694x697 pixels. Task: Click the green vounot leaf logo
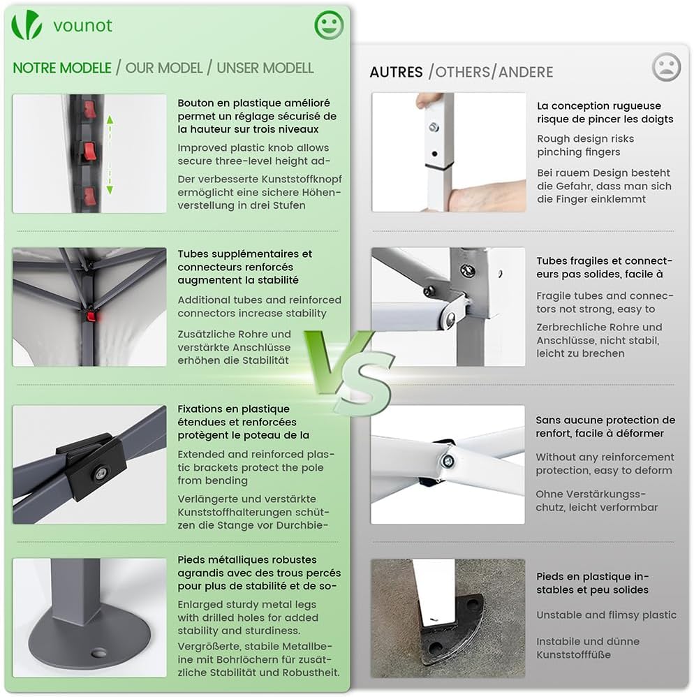(27, 25)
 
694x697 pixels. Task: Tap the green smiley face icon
(329, 25)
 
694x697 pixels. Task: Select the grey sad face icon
(666, 67)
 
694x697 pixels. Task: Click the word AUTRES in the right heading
(396, 72)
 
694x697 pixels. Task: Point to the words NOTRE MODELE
(61, 68)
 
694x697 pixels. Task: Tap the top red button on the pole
(90, 110)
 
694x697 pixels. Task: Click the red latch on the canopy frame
(91, 317)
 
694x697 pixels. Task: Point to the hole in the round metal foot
(98, 653)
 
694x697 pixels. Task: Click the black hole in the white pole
(434, 154)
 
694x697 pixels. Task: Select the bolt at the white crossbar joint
(448, 461)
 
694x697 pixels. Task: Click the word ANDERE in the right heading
(526, 72)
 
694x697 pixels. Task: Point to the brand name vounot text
(82, 26)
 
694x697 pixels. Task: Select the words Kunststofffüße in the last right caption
(573, 655)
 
